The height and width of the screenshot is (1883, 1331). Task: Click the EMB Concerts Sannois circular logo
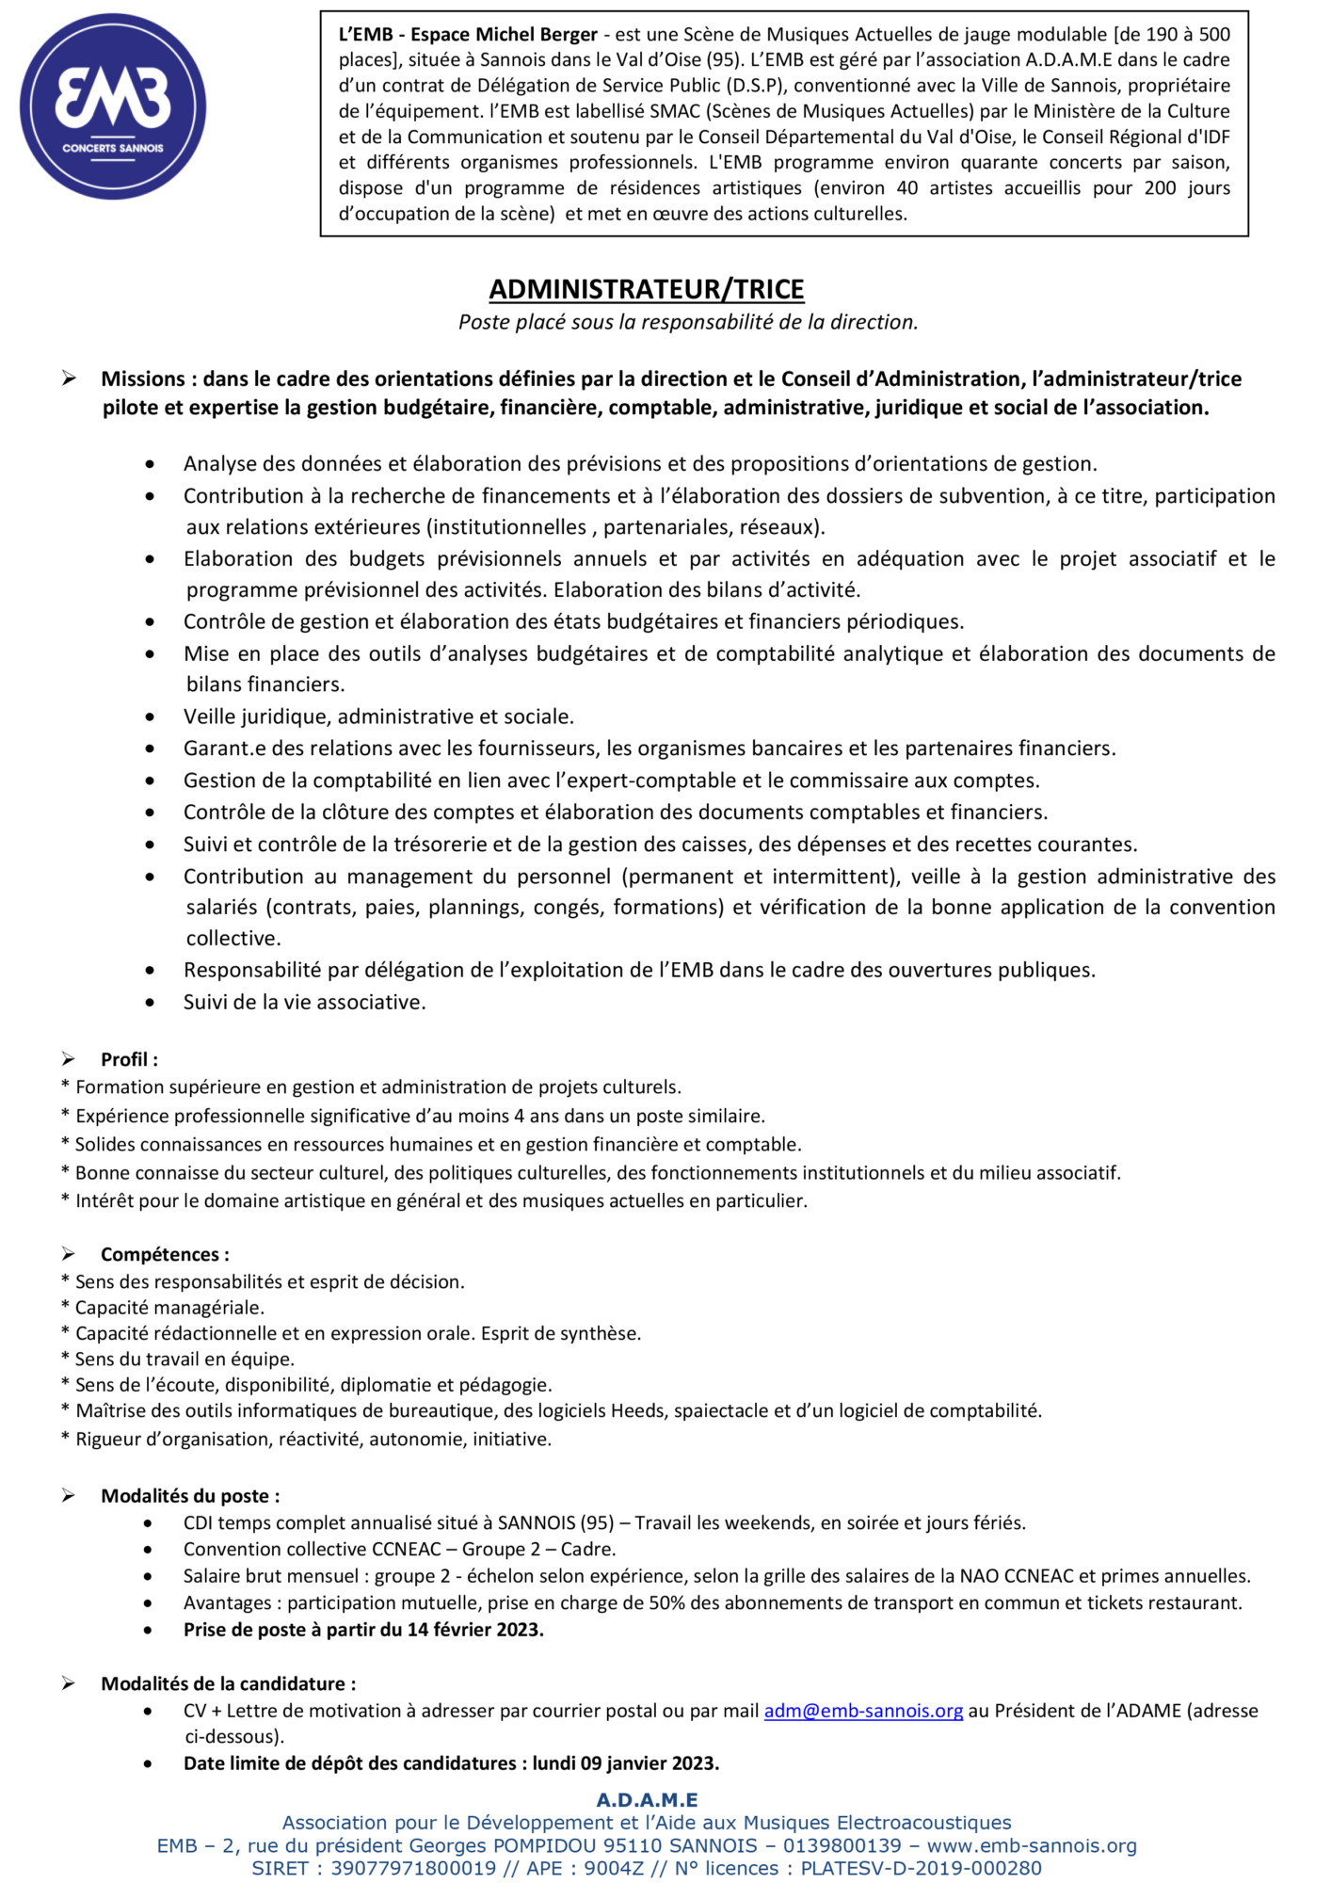tap(113, 106)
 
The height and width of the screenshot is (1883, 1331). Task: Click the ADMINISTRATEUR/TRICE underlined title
tap(647, 289)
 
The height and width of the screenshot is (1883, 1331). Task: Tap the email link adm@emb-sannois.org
tap(863, 1711)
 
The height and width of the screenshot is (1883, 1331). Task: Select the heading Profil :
tap(129, 1059)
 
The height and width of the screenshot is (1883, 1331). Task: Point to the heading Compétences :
tap(165, 1254)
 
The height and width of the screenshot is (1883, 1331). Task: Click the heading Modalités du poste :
tap(190, 1496)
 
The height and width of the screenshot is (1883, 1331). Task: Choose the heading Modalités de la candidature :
tap(228, 1683)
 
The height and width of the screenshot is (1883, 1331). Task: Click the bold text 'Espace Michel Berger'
tap(505, 35)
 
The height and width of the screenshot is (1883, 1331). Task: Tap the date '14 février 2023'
tap(475, 1630)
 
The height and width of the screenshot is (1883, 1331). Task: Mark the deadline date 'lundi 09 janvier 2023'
tap(625, 1763)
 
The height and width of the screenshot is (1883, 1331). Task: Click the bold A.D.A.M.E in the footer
tap(647, 1800)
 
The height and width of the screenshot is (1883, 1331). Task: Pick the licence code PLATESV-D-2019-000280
tap(921, 1869)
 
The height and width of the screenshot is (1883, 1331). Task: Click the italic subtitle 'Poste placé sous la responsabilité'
tap(687, 322)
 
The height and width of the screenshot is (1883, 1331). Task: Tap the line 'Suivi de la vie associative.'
tap(304, 1002)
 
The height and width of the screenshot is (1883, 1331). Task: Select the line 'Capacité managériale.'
tap(169, 1308)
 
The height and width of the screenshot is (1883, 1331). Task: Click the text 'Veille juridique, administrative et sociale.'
tap(378, 716)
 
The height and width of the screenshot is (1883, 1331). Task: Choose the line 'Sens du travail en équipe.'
tap(184, 1359)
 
